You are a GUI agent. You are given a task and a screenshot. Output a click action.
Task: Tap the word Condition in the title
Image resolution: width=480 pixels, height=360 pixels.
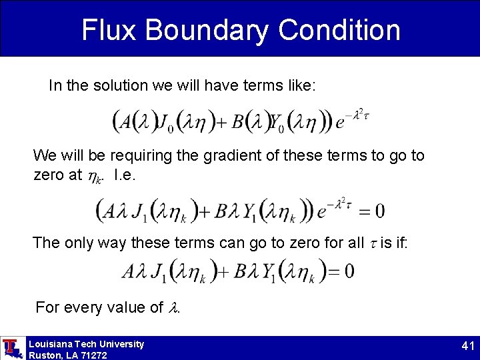pyautogui.click(x=339, y=30)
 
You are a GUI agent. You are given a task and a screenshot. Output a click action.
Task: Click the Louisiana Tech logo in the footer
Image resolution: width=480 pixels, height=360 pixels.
pyautogui.click(x=11, y=348)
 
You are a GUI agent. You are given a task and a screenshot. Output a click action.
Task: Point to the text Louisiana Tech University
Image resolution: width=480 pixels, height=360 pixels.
pyautogui.click(x=86, y=344)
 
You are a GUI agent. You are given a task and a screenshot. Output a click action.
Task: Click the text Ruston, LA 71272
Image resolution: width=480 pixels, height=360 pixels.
pyautogui.click(x=67, y=355)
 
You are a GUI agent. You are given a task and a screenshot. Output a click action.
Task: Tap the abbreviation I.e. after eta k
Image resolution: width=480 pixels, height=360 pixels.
pyautogui.click(x=126, y=175)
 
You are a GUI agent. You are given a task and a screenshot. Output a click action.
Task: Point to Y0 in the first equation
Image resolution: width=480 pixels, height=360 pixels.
pyautogui.click(x=277, y=122)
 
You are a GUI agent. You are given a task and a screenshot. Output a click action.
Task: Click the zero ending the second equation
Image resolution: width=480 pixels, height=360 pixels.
pyautogui.click(x=379, y=212)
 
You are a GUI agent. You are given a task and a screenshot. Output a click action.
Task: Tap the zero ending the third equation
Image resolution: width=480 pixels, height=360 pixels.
pyautogui.click(x=349, y=272)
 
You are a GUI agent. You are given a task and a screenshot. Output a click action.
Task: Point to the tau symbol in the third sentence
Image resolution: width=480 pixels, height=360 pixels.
pyautogui.click(x=373, y=243)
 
